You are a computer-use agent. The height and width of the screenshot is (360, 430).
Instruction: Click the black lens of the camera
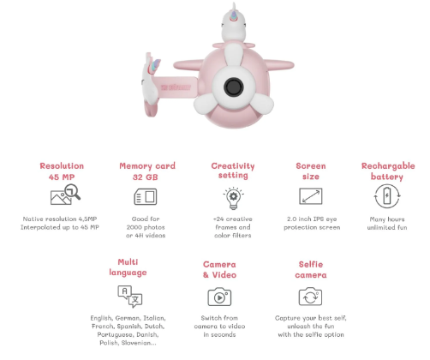(234, 87)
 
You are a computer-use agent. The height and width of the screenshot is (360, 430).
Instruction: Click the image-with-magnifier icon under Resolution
(65, 195)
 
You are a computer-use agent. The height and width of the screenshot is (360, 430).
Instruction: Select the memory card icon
(146, 196)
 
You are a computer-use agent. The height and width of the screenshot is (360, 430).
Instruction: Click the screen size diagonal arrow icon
(311, 196)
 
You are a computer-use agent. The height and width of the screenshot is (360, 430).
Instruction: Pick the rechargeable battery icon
(387, 196)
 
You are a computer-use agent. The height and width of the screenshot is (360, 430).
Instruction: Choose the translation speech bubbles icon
(130, 297)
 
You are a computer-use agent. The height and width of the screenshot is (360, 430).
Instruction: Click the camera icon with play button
(219, 297)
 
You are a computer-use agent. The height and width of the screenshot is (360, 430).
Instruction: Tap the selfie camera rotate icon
(310, 297)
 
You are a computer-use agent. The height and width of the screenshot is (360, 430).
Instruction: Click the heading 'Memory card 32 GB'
(147, 171)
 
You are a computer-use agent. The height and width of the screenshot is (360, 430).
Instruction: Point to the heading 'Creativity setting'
(233, 171)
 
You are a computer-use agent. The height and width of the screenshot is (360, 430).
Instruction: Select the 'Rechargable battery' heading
(388, 171)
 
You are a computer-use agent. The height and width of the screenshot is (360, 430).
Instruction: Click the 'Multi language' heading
(128, 267)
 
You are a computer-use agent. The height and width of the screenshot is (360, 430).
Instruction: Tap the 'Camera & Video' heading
(219, 269)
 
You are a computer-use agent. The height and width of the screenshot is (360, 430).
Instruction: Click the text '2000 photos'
(146, 227)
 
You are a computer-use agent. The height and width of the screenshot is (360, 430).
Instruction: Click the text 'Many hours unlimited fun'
(387, 223)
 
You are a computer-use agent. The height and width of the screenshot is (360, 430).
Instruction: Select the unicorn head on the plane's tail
(151, 77)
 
